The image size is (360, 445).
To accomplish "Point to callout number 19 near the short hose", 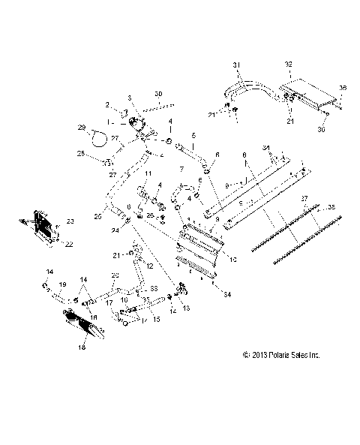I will pyautogui.click(x=63, y=285).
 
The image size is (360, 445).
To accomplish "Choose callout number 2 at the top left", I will pyautogui.click(x=107, y=104).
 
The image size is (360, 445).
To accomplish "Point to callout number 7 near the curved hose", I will pyautogui.click(x=181, y=169).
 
